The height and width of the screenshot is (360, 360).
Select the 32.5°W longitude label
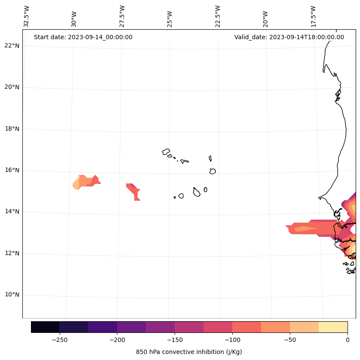26,16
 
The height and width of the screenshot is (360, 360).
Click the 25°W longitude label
170,16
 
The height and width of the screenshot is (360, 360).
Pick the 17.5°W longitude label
313,16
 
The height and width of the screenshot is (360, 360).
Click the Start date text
83,37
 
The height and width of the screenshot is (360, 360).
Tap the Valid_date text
289,37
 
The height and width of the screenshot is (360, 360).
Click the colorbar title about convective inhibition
189,352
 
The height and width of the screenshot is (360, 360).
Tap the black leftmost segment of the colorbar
45,327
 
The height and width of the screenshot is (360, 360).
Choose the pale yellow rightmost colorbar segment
333,327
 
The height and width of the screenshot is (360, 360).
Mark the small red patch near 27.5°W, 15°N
134,189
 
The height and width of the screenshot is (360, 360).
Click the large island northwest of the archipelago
166,152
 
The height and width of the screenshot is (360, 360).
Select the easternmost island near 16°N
212,171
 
